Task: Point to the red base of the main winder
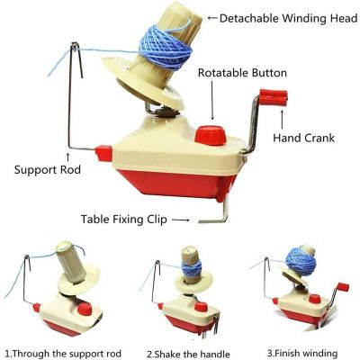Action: pos(171,184)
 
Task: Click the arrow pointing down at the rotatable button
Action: pos(212,106)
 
